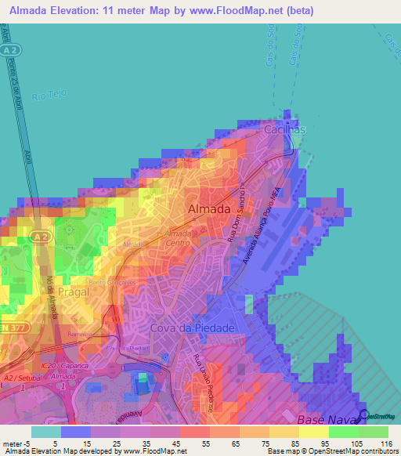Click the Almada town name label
[x=209, y=209]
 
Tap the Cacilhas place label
[x=284, y=129]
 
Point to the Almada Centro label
[x=179, y=237]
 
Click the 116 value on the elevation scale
[x=385, y=443]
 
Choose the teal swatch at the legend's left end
[x=45, y=432]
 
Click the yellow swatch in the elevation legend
[x=314, y=432]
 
